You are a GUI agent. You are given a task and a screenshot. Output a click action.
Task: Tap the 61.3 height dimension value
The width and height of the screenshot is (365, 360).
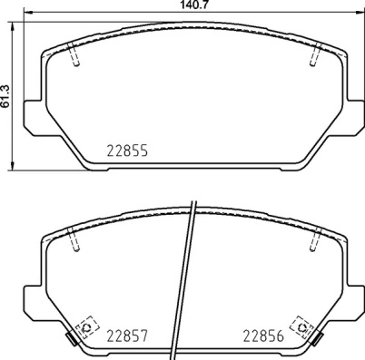[x=5, y=92]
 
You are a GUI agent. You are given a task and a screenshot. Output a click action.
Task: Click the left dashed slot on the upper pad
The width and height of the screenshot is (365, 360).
[x=76, y=56]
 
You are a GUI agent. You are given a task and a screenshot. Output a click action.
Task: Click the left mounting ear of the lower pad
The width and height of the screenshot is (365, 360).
[x=30, y=297]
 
